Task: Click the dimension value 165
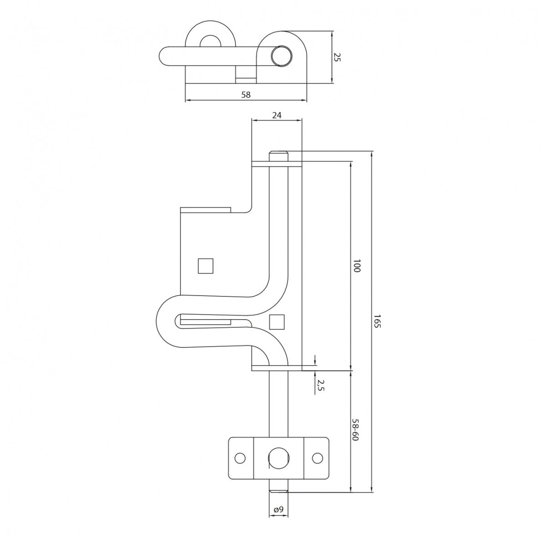point(377,321)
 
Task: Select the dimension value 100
point(357,265)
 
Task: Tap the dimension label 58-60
point(356,429)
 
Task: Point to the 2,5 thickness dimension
point(321,385)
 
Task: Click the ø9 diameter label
point(278,509)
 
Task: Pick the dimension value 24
point(277,115)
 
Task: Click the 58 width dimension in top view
point(245,95)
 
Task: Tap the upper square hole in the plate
point(206,265)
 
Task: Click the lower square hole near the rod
point(277,322)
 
